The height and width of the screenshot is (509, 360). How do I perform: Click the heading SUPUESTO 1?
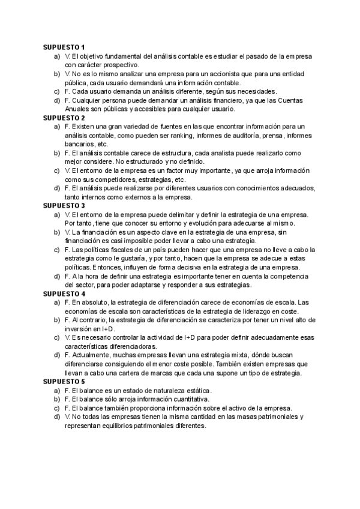pos(64,47)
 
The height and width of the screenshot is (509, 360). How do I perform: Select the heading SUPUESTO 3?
pos(64,205)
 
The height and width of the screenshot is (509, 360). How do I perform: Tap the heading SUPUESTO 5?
pos(64,381)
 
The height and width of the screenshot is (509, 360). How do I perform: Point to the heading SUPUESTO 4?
pos(64,294)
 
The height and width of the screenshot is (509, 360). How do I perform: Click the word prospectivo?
pos(118,65)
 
